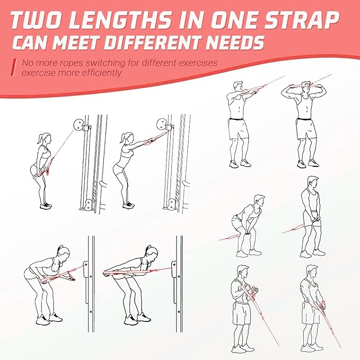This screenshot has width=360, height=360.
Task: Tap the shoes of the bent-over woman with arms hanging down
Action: pyautogui.click(x=49, y=319)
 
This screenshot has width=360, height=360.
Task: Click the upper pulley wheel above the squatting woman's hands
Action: pyautogui.click(x=162, y=126)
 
